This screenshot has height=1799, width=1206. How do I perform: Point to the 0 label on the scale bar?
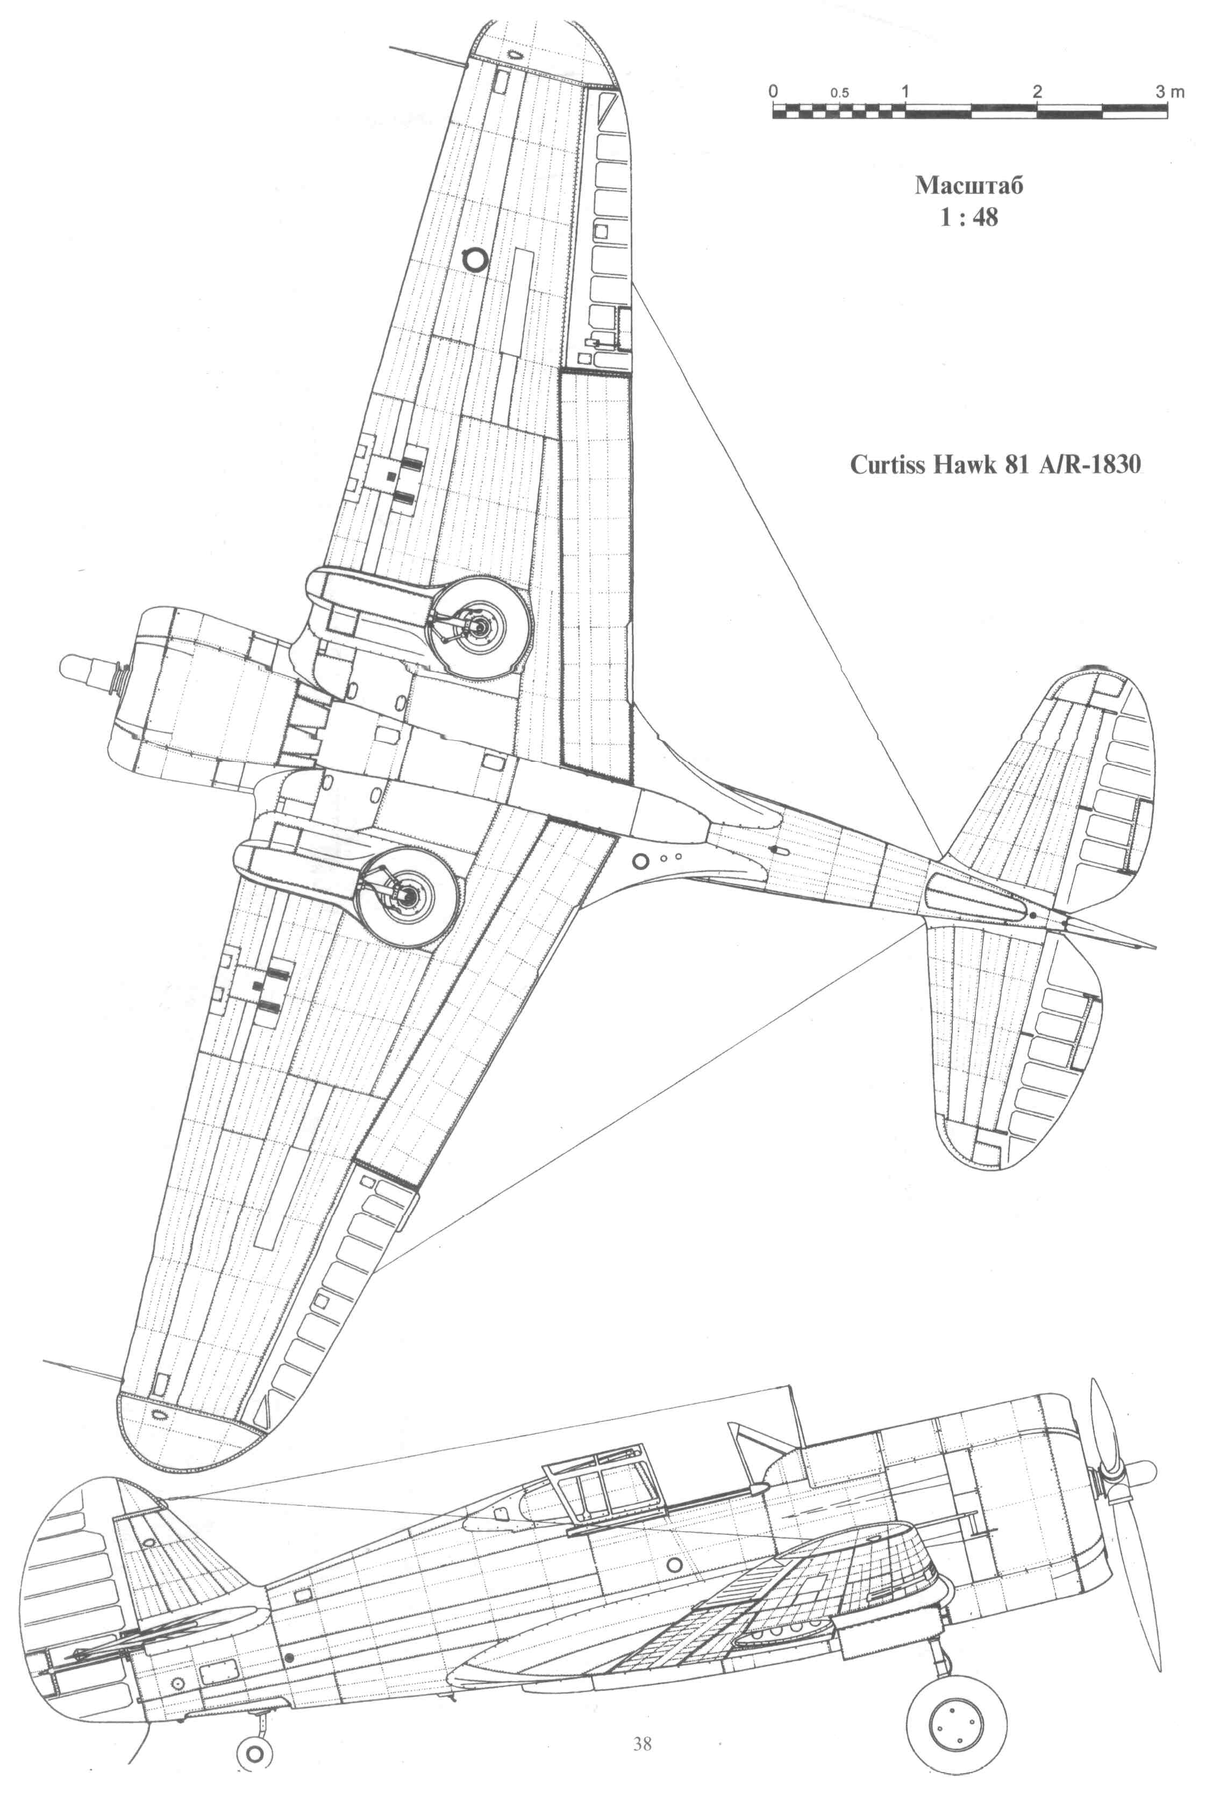774,90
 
